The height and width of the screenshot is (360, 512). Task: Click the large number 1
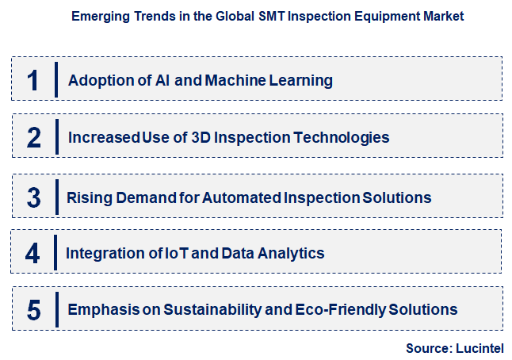tap(33, 81)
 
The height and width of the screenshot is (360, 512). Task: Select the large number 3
tap(33, 197)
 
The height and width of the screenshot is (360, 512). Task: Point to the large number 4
tap(32, 254)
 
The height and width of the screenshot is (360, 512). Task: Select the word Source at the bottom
tap(428, 347)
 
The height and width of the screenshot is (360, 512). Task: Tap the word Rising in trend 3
tap(89, 197)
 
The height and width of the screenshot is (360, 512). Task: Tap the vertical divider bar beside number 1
tap(57, 81)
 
